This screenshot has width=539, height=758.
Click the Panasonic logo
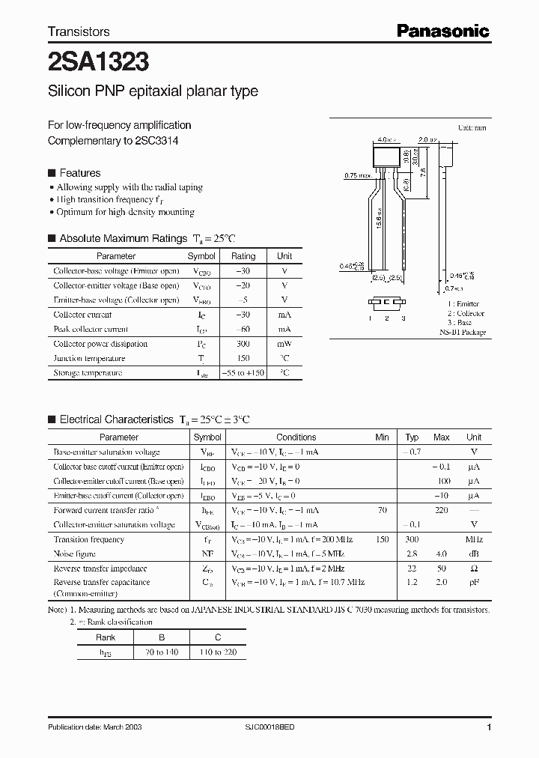(x=442, y=31)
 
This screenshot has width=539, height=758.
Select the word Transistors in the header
(x=79, y=31)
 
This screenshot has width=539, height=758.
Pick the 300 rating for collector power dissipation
(x=243, y=344)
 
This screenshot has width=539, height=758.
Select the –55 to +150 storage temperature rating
(x=243, y=373)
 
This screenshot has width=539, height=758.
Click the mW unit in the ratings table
(x=284, y=344)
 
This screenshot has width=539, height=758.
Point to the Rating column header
(x=243, y=256)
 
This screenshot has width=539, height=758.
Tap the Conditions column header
(x=296, y=437)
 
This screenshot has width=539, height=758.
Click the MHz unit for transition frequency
(x=473, y=539)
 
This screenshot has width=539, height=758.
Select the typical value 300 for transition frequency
(x=412, y=539)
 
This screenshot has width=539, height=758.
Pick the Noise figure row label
(x=74, y=554)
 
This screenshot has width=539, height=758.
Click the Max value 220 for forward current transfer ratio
(x=441, y=510)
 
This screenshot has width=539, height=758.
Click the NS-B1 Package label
(x=462, y=332)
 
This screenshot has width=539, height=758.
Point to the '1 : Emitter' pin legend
(x=462, y=304)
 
